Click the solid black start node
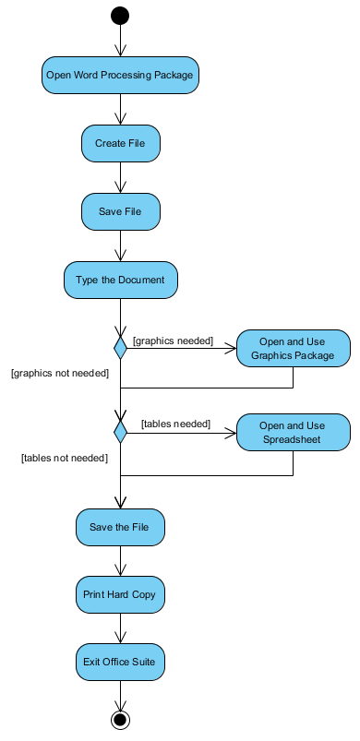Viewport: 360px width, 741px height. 120,16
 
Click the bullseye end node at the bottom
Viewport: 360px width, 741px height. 120,720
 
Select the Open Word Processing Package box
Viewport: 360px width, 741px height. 120,75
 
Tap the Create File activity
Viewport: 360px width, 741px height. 120,143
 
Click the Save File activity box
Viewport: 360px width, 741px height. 120,212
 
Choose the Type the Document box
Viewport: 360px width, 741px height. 120,281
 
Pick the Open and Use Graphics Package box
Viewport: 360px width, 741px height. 294,349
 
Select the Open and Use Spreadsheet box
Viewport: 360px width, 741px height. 294,432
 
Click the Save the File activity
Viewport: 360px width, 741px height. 120,527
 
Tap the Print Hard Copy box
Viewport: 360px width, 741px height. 120,594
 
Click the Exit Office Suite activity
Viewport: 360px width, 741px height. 120,662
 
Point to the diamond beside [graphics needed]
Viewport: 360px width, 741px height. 120,348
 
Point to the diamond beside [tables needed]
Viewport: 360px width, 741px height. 120,431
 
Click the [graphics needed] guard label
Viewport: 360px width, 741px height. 173,341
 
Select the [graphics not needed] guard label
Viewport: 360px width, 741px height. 60,374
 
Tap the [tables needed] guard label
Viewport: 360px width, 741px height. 175,424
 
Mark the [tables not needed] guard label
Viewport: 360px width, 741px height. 65,457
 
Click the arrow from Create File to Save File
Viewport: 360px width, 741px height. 120,178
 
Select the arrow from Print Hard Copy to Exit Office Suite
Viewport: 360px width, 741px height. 120,628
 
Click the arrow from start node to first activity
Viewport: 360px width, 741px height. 120,41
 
